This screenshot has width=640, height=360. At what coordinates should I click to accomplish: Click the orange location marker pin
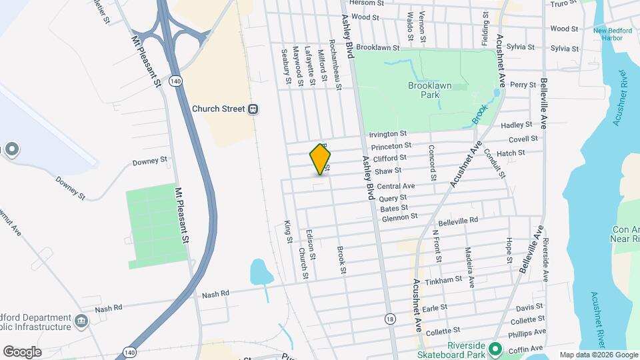click(x=321, y=159)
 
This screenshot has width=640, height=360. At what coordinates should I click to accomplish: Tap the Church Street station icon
click(x=253, y=109)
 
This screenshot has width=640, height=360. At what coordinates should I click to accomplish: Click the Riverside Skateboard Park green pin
click(x=495, y=349)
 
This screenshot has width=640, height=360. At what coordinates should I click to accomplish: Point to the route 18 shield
click(x=389, y=319)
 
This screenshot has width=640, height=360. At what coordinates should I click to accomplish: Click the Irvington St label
click(x=387, y=135)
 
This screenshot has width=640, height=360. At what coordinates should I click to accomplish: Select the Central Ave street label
click(x=395, y=186)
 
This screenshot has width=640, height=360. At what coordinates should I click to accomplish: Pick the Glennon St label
click(x=399, y=216)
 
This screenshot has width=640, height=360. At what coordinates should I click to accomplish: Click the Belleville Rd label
click(x=458, y=220)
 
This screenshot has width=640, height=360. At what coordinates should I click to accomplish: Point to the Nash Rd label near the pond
click(x=215, y=293)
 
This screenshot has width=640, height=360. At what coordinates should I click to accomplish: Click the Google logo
click(x=22, y=351)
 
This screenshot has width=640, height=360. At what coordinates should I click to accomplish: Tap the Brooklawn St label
click(x=377, y=48)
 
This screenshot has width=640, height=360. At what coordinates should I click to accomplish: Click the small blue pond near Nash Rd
click(x=259, y=272)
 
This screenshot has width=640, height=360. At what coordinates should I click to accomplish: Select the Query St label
click(x=393, y=198)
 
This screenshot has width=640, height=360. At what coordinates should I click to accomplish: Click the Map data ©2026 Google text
click(x=598, y=355)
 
